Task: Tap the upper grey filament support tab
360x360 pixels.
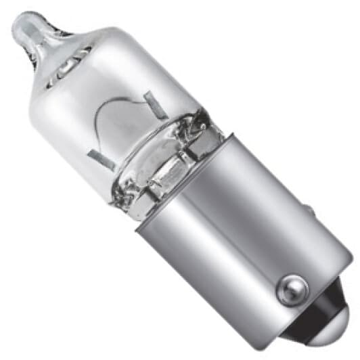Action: [155, 104]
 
